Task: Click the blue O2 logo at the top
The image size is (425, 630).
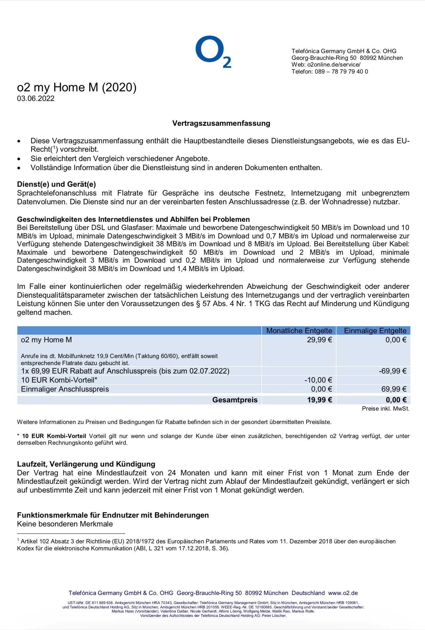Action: tap(213, 52)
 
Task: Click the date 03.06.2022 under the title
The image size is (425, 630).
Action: tap(36, 99)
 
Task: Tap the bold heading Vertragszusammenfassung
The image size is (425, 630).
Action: tap(221, 123)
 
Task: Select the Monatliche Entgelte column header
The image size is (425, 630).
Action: tap(299, 331)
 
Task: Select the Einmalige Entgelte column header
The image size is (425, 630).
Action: tap(375, 331)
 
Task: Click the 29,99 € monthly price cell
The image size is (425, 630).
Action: tap(319, 340)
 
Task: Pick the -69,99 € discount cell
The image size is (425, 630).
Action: tap(392, 371)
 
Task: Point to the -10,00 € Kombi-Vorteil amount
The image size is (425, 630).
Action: tap(318, 380)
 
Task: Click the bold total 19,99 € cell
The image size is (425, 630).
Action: tap(319, 400)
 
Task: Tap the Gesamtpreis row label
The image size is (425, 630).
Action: tap(235, 400)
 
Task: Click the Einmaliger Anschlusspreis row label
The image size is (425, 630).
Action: tap(65, 389)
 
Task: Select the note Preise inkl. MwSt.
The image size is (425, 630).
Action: tap(385, 409)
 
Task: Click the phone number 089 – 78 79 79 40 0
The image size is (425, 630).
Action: tap(341, 71)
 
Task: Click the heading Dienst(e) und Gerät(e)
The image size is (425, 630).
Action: tap(56, 184)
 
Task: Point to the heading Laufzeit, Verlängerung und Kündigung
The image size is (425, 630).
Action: tap(86, 464)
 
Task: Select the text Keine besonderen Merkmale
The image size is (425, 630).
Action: tap(65, 524)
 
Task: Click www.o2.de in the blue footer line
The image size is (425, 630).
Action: tap(343, 593)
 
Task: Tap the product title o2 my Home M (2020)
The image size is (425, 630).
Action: tap(77, 87)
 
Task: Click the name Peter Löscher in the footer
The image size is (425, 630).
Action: tap(274, 616)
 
